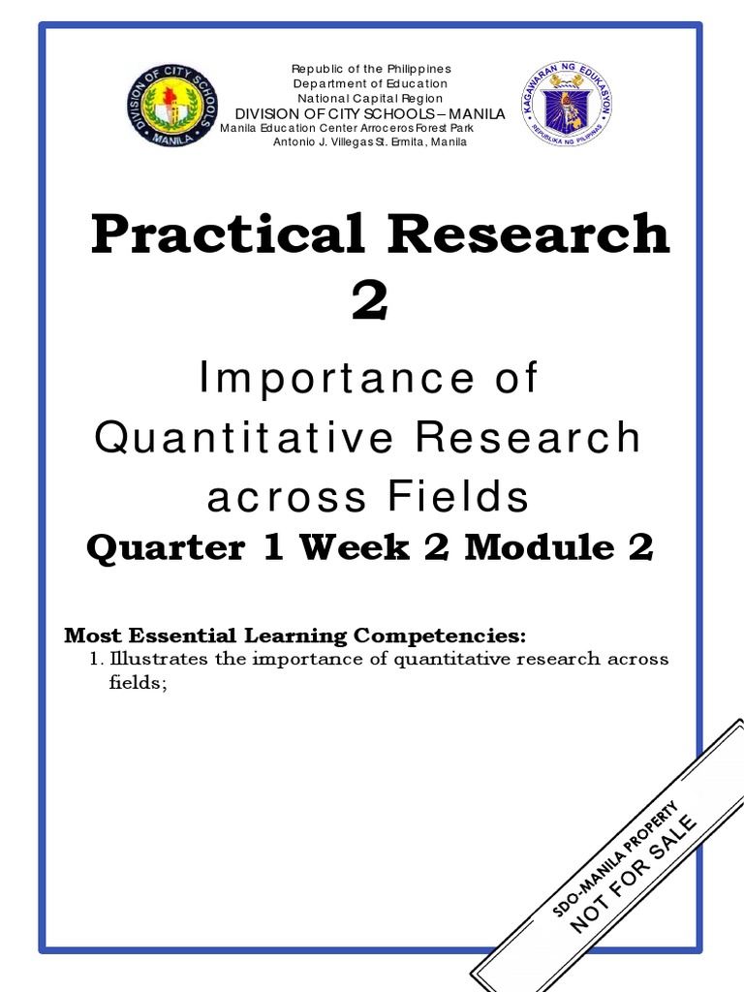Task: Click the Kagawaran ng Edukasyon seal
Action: point(567,105)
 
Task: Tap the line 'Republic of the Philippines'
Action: point(372,69)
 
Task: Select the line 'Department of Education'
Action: point(372,83)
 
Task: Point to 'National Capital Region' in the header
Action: point(372,98)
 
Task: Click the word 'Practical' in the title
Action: point(213,235)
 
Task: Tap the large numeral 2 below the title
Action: point(370,301)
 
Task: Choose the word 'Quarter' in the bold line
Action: point(166,548)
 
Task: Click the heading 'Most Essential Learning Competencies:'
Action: point(294,636)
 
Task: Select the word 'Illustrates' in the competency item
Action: point(151,660)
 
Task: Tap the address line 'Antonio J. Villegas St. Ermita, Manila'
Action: point(372,141)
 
